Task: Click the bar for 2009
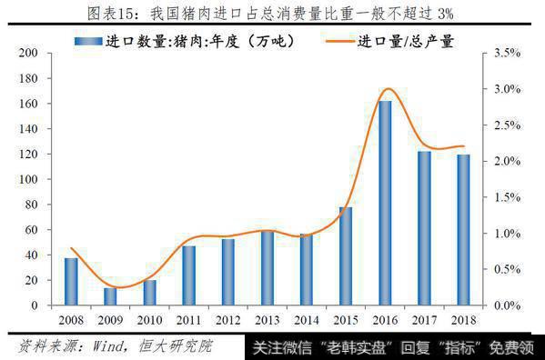110,296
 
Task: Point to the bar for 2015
345,256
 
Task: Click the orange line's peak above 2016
387,89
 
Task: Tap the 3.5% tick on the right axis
506,54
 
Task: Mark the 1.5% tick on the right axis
506,197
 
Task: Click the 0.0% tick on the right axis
506,305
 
